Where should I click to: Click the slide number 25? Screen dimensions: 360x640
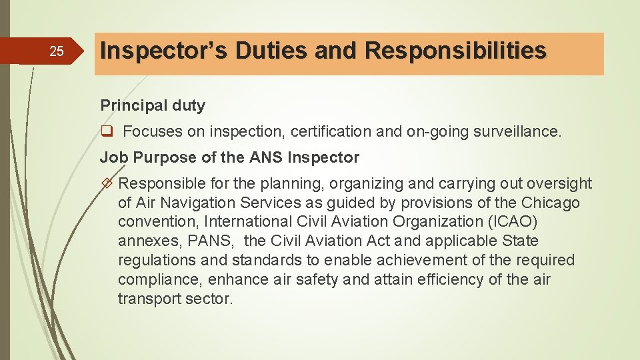pyautogui.click(x=57, y=51)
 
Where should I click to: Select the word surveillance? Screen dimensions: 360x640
pyautogui.click(x=517, y=132)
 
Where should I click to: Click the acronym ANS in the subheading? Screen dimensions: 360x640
pyautogui.click(x=265, y=158)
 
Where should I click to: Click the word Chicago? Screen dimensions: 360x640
pyautogui.click(x=551, y=203)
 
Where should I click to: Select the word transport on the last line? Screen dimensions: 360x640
pyautogui.click(x=145, y=299)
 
